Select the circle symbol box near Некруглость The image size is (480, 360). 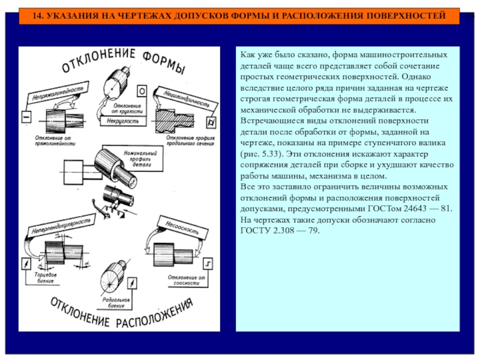[142, 91]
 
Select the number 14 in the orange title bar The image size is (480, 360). [37, 15]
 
